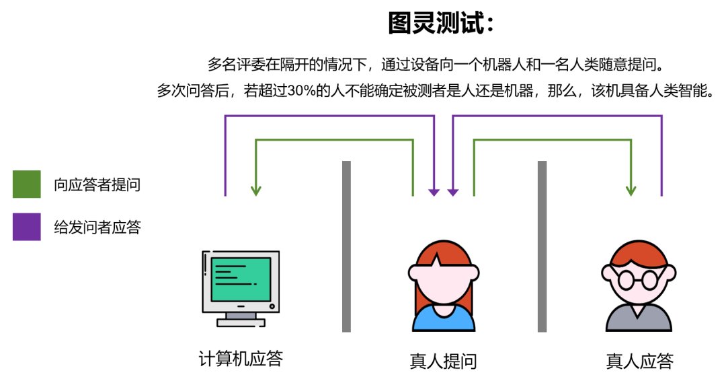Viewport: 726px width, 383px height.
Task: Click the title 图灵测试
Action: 441,24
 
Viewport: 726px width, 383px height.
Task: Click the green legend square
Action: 27,184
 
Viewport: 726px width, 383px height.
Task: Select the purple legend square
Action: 27,227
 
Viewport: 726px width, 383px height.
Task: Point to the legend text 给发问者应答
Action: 97,228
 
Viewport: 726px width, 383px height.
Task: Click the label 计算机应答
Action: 241,359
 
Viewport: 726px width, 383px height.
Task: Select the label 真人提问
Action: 443,361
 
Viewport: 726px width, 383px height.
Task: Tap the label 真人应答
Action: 639,361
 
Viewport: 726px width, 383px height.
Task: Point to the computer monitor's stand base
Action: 241,322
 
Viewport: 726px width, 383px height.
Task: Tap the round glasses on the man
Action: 637,279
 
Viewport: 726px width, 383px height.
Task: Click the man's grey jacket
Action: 639,319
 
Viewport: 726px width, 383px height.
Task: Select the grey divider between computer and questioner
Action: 346,246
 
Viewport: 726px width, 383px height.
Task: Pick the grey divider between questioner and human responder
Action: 542,246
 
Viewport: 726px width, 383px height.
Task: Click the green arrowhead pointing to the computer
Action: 255,190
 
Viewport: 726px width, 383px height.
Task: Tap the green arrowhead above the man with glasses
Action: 631,190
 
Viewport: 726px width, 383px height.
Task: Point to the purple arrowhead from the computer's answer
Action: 434,191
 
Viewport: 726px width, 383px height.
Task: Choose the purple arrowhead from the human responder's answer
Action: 453,191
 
